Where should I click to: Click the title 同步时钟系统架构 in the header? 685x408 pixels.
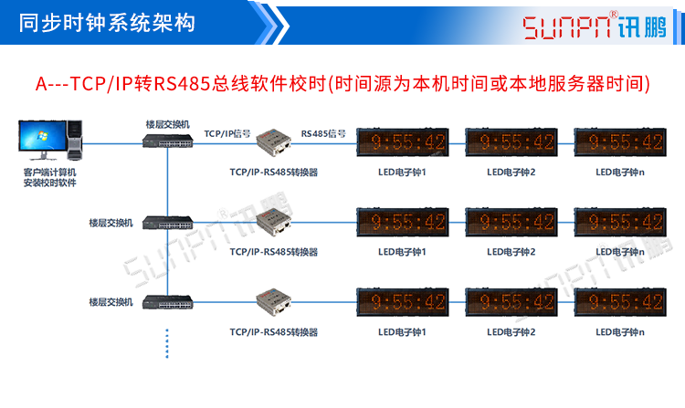pos(107,23)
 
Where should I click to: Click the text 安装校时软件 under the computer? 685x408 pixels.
pos(49,183)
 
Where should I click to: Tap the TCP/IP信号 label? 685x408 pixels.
pos(227,132)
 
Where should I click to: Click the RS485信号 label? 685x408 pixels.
pos(323,132)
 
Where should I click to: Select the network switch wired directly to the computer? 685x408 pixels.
pos(169,141)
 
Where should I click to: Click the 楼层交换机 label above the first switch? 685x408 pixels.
pos(168,123)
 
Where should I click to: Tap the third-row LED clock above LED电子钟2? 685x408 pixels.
pos(511,300)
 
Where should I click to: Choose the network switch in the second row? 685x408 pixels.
pos(169,221)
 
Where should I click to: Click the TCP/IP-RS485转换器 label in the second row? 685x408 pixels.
pos(274,251)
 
